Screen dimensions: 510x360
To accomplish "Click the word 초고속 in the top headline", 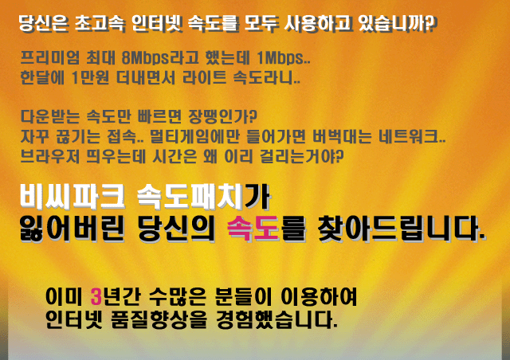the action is pos(99,23).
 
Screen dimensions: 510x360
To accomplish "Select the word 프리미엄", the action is pos(49,58).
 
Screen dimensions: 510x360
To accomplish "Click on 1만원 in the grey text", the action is pos(90,78).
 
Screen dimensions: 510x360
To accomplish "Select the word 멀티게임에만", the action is pos(194,136).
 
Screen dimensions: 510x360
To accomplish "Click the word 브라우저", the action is pos(49,156).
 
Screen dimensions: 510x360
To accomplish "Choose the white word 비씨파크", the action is pos(72,197).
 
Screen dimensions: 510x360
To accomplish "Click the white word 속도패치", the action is pos(190,197).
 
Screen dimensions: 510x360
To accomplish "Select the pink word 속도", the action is pos(253,229).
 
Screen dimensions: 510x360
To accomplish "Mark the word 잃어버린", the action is pos(72,229).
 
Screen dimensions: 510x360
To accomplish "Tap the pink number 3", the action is pos(96,296).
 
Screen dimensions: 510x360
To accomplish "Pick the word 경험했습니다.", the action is pos(277,319).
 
